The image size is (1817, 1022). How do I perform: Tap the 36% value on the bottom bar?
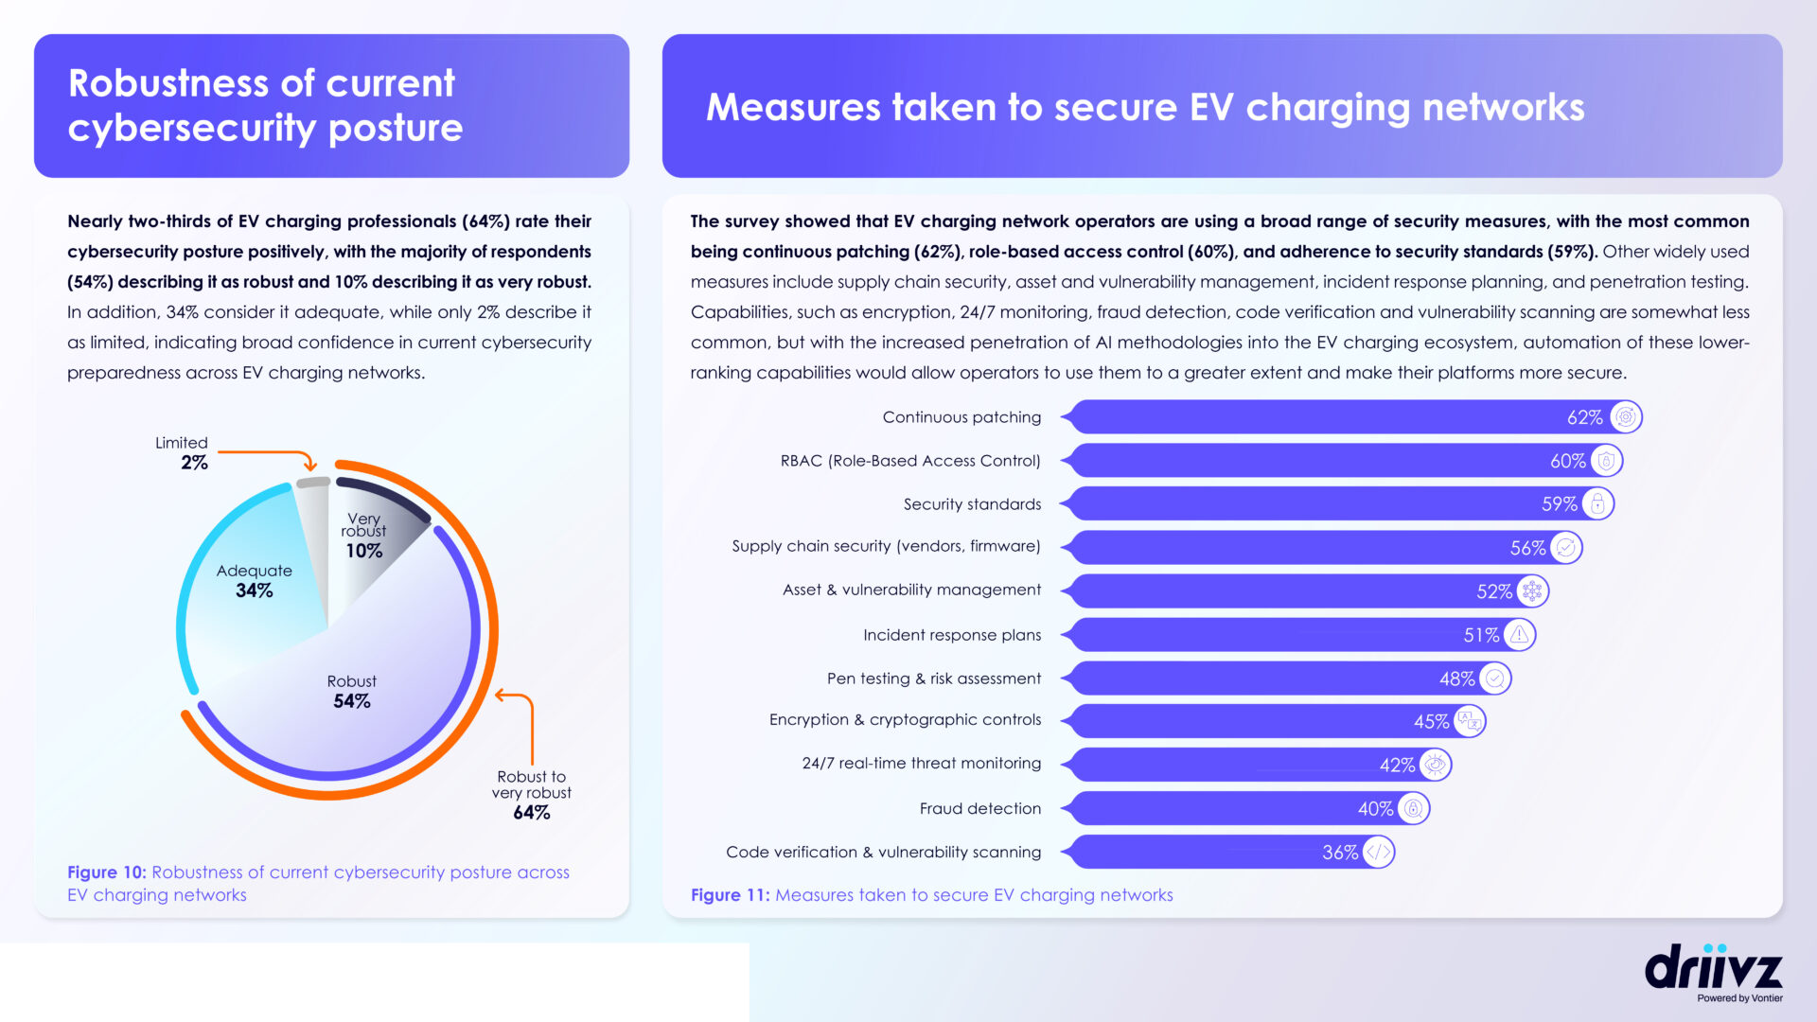pos(1340,853)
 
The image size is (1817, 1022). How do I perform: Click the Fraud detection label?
pos(980,808)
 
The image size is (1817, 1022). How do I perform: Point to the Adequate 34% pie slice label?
pos(254,580)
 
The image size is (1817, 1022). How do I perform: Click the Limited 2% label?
pos(182,453)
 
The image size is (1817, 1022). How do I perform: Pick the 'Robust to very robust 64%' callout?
pos(531,795)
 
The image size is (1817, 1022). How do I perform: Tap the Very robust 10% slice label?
pos(363,536)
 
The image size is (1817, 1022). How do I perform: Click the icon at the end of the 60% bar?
pos(1606,461)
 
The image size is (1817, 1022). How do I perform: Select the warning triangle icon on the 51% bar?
pos(1519,635)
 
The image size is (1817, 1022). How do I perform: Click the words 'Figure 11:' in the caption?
pos(731,895)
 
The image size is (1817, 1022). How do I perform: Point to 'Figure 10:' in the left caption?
pos(107,872)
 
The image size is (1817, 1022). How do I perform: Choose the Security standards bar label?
pos(972,504)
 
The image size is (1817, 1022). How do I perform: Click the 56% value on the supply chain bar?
pos(1527,548)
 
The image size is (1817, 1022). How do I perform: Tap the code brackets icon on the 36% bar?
pos(1378,853)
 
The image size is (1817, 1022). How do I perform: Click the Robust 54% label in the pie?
pos(352,692)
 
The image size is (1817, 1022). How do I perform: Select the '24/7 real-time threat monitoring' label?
pos(922,764)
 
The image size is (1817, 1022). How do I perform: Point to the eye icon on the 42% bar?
pos(1435,765)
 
